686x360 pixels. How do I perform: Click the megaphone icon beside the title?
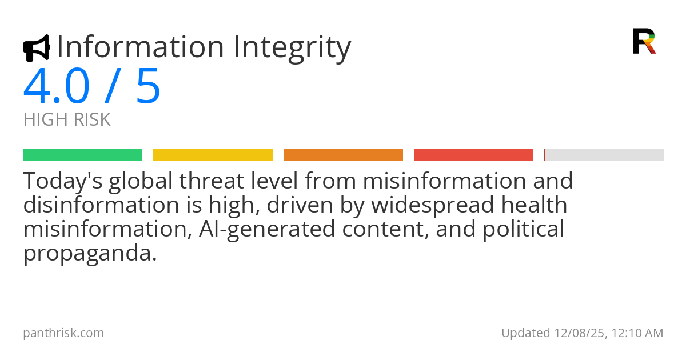(37, 48)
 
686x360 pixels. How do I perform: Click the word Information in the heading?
(141, 47)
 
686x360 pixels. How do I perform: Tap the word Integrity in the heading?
(292, 49)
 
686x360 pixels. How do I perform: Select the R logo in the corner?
(644, 41)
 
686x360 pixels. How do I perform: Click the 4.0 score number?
(57, 86)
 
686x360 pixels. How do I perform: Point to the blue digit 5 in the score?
(148, 86)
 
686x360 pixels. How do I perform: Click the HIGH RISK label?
(67, 119)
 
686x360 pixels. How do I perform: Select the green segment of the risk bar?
(83, 155)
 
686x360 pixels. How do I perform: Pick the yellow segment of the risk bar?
(213, 155)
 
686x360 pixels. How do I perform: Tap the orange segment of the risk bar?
(344, 155)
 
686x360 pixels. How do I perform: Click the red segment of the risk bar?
(473, 155)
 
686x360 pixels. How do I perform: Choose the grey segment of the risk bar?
(604, 155)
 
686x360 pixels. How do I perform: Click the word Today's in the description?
(63, 182)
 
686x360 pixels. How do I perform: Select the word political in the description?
(523, 230)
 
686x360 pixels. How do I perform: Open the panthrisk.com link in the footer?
(63, 333)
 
